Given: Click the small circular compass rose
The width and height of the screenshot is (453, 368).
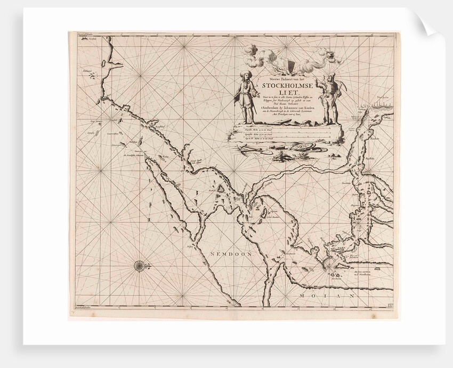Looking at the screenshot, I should (140, 266).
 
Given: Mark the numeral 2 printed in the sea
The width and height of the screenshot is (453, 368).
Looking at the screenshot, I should (151, 219).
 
